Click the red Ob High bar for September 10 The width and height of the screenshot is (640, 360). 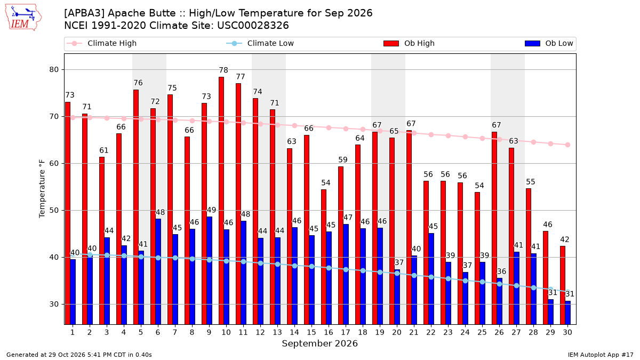click(221, 201)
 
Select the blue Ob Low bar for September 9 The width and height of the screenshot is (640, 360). click(210, 270)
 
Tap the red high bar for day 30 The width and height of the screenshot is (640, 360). click(563, 285)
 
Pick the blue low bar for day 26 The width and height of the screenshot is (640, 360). click(499, 301)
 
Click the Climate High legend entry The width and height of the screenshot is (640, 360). click(102, 43)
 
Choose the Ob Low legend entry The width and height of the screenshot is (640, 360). click(549, 43)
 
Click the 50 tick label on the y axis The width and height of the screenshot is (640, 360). click(54, 211)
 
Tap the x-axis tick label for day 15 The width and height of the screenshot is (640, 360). click(311, 332)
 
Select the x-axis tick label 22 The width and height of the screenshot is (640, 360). click(431, 332)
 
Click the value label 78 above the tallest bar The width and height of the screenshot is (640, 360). click(223, 70)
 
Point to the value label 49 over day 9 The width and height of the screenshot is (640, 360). click(211, 210)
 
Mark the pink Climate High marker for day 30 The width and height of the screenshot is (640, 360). click(567, 145)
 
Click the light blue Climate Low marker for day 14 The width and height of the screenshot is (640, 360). click(294, 266)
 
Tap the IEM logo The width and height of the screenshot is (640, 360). click(23, 18)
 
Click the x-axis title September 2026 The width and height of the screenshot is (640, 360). click(319, 343)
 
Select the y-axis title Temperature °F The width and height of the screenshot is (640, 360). click(42, 189)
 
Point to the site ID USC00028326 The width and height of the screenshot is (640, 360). click(253, 26)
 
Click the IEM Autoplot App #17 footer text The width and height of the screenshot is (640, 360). click(601, 355)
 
